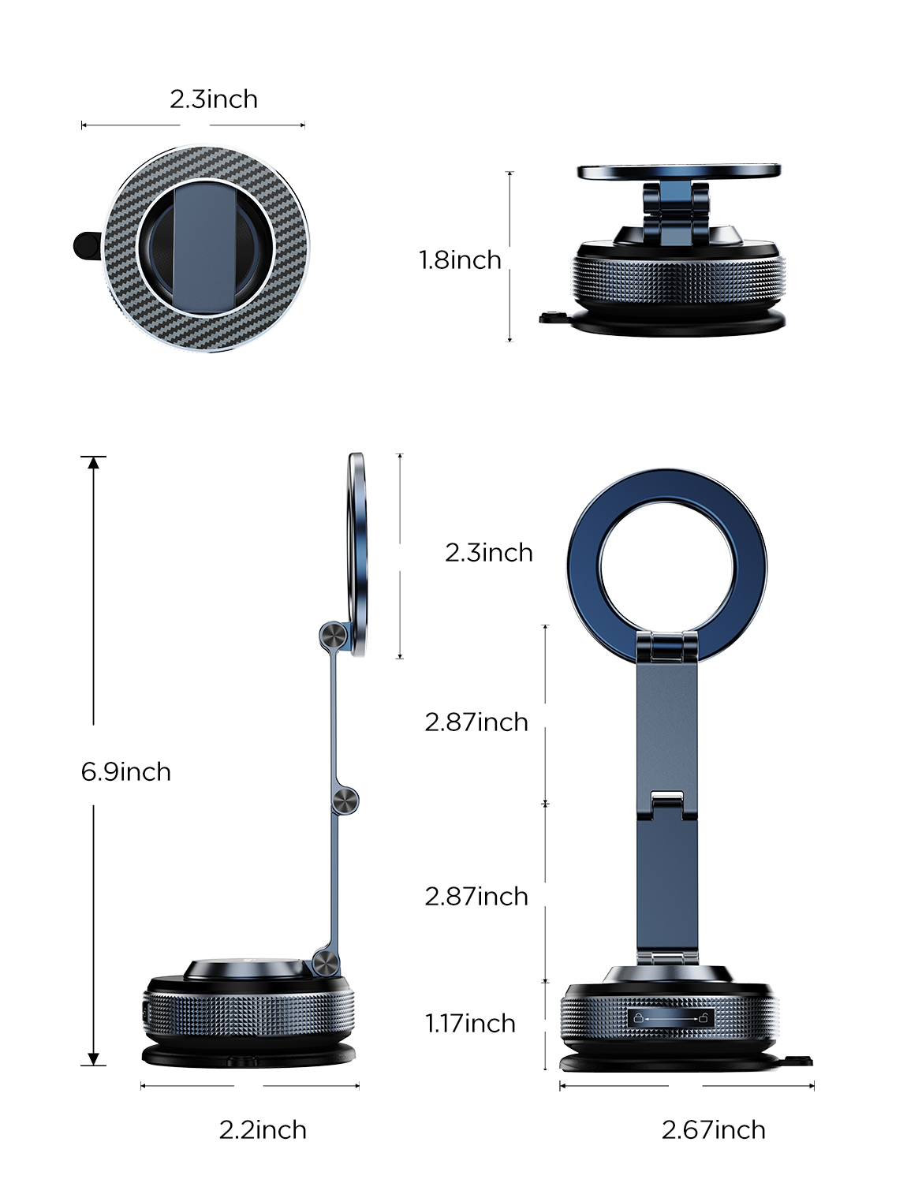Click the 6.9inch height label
(x=125, y=771)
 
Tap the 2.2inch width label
(x=263, y=1129)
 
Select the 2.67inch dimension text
(x=713, y=1129)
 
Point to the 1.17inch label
(x=470, y=1023)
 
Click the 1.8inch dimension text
(x=460, y=259)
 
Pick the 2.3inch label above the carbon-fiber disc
(x=213, y=99)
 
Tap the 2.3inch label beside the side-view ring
(x=488, y=552)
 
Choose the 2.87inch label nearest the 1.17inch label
(x=476, y=896)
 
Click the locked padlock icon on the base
(x=638, y=1017)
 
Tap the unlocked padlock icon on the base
(x=703, y=1017)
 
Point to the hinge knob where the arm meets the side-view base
(x=325, y=962)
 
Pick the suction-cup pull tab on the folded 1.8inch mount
(x=551, y=317)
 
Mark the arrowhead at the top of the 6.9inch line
(x=94, y=462)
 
